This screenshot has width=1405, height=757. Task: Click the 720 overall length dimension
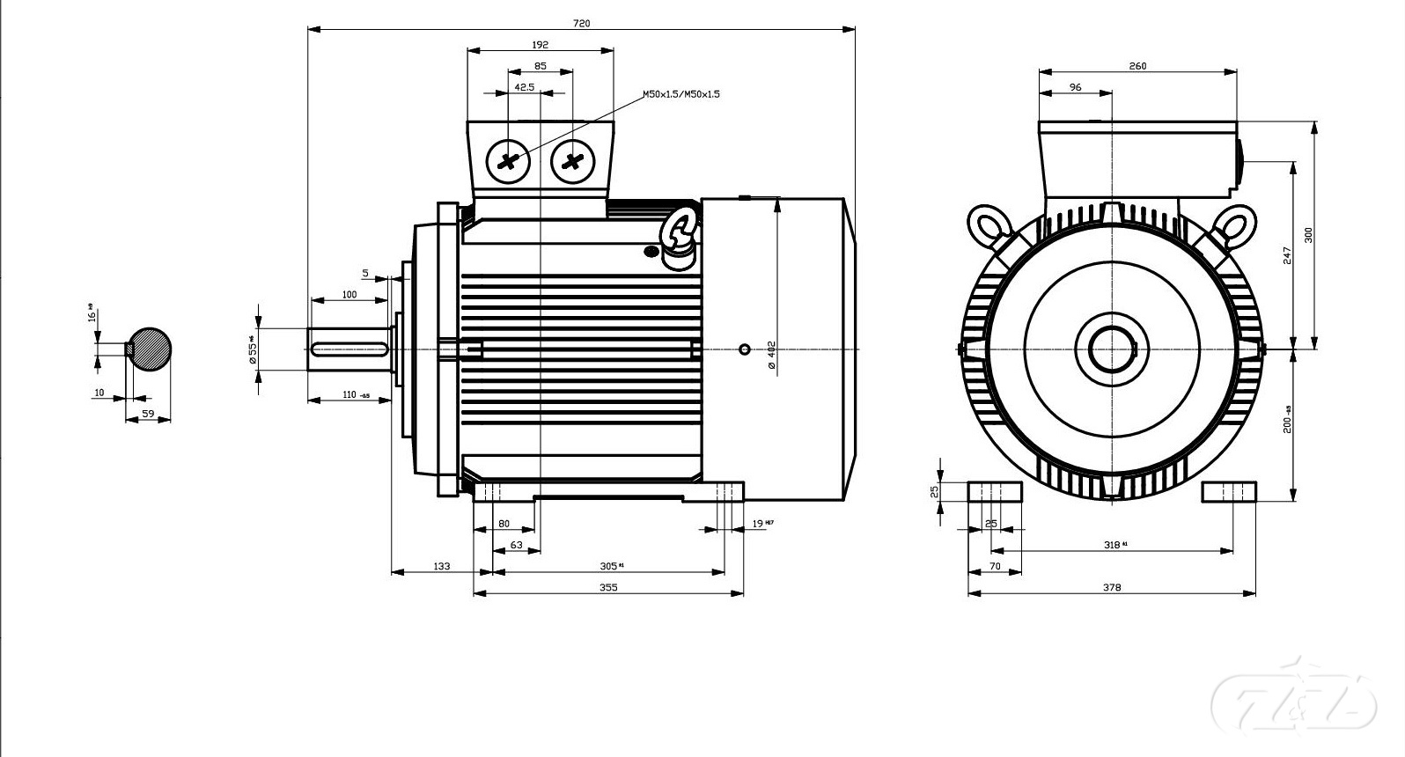pyautogui.click(x=581, y=23)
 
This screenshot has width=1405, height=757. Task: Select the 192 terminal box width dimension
pyautogui.click(x=540, y=44)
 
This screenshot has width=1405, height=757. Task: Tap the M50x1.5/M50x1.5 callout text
pyautogui.click(x=680, y=93)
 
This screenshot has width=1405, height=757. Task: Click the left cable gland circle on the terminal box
pyautogui.click(x=508, y=161)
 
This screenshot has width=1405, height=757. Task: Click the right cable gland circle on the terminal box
pyautogui.click(x=573, y=161)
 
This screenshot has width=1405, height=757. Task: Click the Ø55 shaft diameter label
pyautogui.click(x=252, y=349)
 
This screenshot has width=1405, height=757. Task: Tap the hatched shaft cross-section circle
pyautogui.click(x=151, y=349)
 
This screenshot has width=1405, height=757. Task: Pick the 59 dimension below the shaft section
pyautogui.click(x=148, y=413)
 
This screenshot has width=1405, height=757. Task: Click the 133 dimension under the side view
pyautogui.click(x=441, y=566)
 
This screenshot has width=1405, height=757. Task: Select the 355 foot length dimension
pyautogui.click(x=608, y=587)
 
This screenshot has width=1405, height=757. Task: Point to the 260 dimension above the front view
pyautogui.click(x=1137, y=66)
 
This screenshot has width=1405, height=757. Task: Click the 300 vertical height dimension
pyautogui.click(x=1308, y=235)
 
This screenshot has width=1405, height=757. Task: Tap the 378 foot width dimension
pyautogui.click(x=1112, y=587)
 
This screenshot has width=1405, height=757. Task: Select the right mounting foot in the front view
pyautogui.click(x=1229, y=491)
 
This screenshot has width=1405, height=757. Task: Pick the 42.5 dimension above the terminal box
pyautogui.click(x=525, y=87)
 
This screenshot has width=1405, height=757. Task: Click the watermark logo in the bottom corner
pyautogui.click(x=1294, y=702)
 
